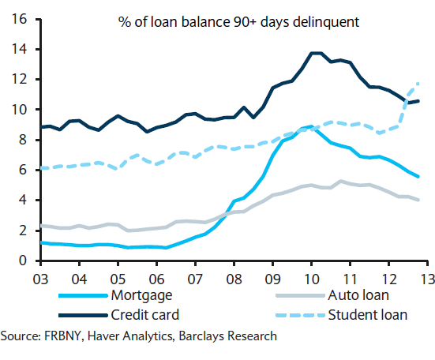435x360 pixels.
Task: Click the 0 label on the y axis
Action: click(x=24, y=261)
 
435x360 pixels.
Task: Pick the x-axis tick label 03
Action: click(x=41, y=277)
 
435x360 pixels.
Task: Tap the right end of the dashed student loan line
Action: click(x=418, y=83)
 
